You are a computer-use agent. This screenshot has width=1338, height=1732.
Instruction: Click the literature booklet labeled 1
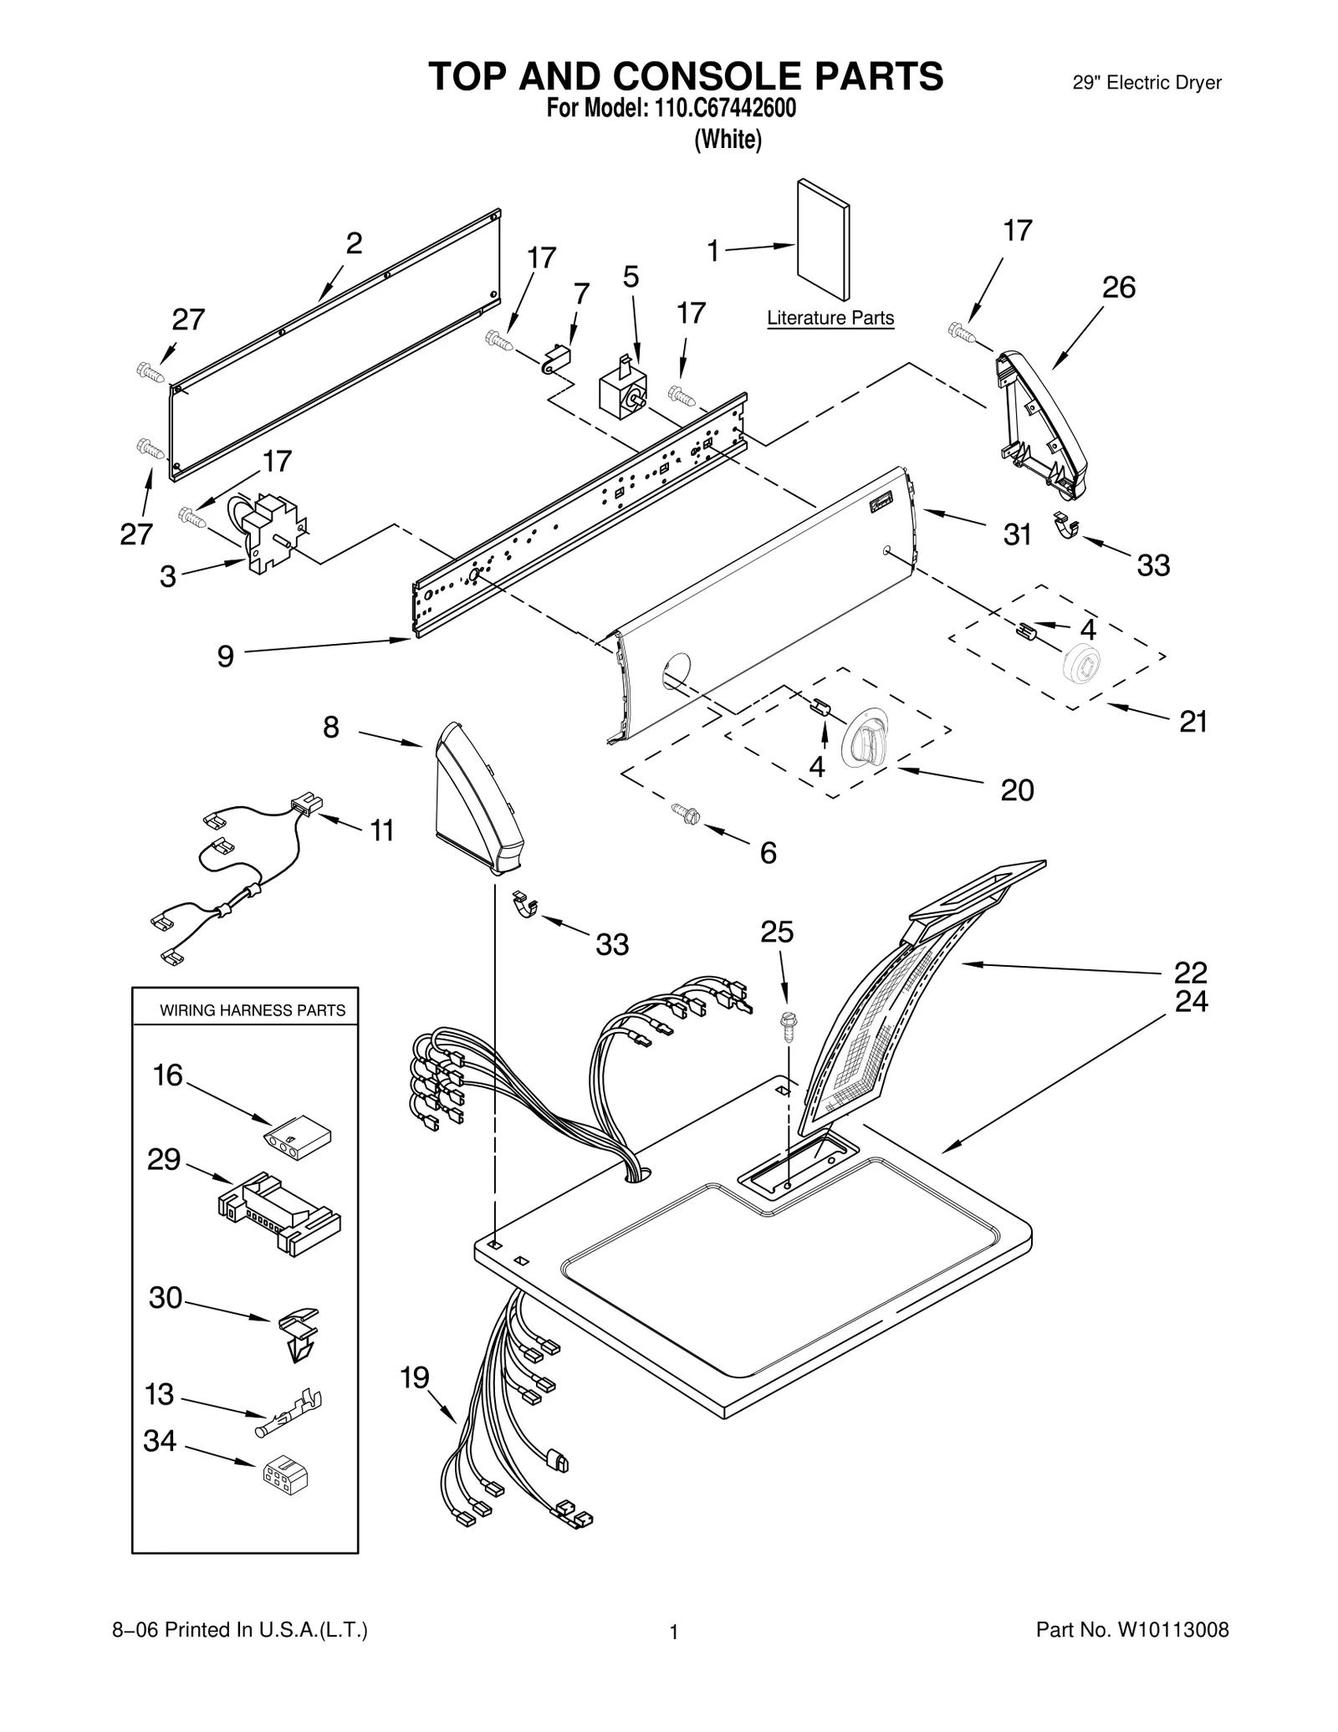tap(823, 241)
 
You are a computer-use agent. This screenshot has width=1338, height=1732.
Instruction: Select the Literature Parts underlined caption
tap(830, 319)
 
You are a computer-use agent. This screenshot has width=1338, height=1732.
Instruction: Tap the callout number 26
tap(1118, 288)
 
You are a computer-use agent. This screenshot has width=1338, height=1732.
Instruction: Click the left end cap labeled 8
tap(477, 800)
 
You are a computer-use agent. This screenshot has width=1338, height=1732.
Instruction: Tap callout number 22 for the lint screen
tap(1190, 973)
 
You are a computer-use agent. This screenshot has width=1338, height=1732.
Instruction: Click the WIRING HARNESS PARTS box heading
tap(253, 1010)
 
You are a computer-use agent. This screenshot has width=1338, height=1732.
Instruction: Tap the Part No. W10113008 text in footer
tap(1132, 1629)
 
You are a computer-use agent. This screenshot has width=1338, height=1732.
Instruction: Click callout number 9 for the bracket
tap(225, 657)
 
